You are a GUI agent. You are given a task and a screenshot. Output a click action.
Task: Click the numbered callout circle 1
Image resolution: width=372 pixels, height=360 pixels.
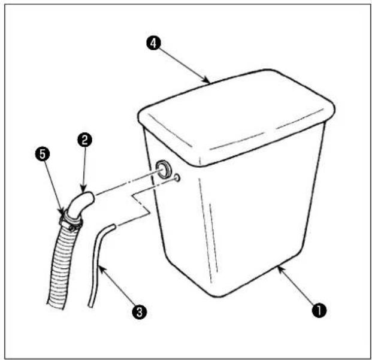319,310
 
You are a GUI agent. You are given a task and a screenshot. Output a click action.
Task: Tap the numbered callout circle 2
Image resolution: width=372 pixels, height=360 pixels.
84,140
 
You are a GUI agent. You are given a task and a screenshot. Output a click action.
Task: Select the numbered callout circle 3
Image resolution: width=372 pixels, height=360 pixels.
140,311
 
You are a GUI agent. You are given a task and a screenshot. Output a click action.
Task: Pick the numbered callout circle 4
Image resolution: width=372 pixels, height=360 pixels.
153,43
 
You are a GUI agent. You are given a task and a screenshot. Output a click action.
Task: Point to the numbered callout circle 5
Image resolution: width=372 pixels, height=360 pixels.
42,154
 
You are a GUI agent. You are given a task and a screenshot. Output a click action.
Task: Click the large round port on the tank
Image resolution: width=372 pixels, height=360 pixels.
163,169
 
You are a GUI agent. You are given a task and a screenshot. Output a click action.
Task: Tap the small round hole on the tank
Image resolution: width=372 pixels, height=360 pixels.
177,178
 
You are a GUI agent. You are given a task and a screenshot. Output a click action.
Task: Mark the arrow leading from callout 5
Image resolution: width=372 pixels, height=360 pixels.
54,187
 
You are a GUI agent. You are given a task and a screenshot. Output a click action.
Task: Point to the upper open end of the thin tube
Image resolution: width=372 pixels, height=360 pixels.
114,226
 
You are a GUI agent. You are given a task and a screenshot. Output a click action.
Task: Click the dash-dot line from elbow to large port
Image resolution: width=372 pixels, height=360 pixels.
126,183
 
